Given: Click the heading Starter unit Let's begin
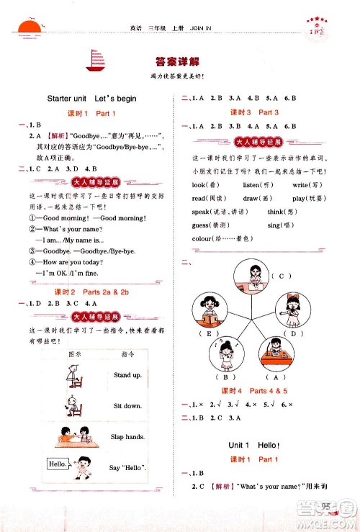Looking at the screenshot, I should click(x=91, y=98).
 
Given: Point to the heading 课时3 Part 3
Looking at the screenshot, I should click(x=254, y=112).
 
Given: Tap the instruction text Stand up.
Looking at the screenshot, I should click(x=127, y=375).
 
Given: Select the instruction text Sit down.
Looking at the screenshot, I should click(x=127, y=406).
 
